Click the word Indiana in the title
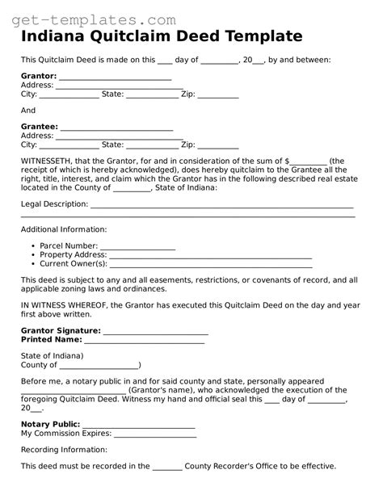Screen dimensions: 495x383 click(55, 37)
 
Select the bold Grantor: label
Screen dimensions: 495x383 click(39, 77)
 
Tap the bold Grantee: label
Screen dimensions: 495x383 click(40, 127)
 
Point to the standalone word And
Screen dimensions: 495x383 click(28, 111)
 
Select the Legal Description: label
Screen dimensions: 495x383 click(54, 204)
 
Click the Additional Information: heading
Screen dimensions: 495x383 click(63, 229)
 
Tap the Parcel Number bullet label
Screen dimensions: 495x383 click(69, 245)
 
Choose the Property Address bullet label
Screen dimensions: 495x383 click(73, 254)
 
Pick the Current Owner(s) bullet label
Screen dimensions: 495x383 click(74, 263)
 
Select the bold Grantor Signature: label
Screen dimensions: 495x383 click(61, 330)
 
